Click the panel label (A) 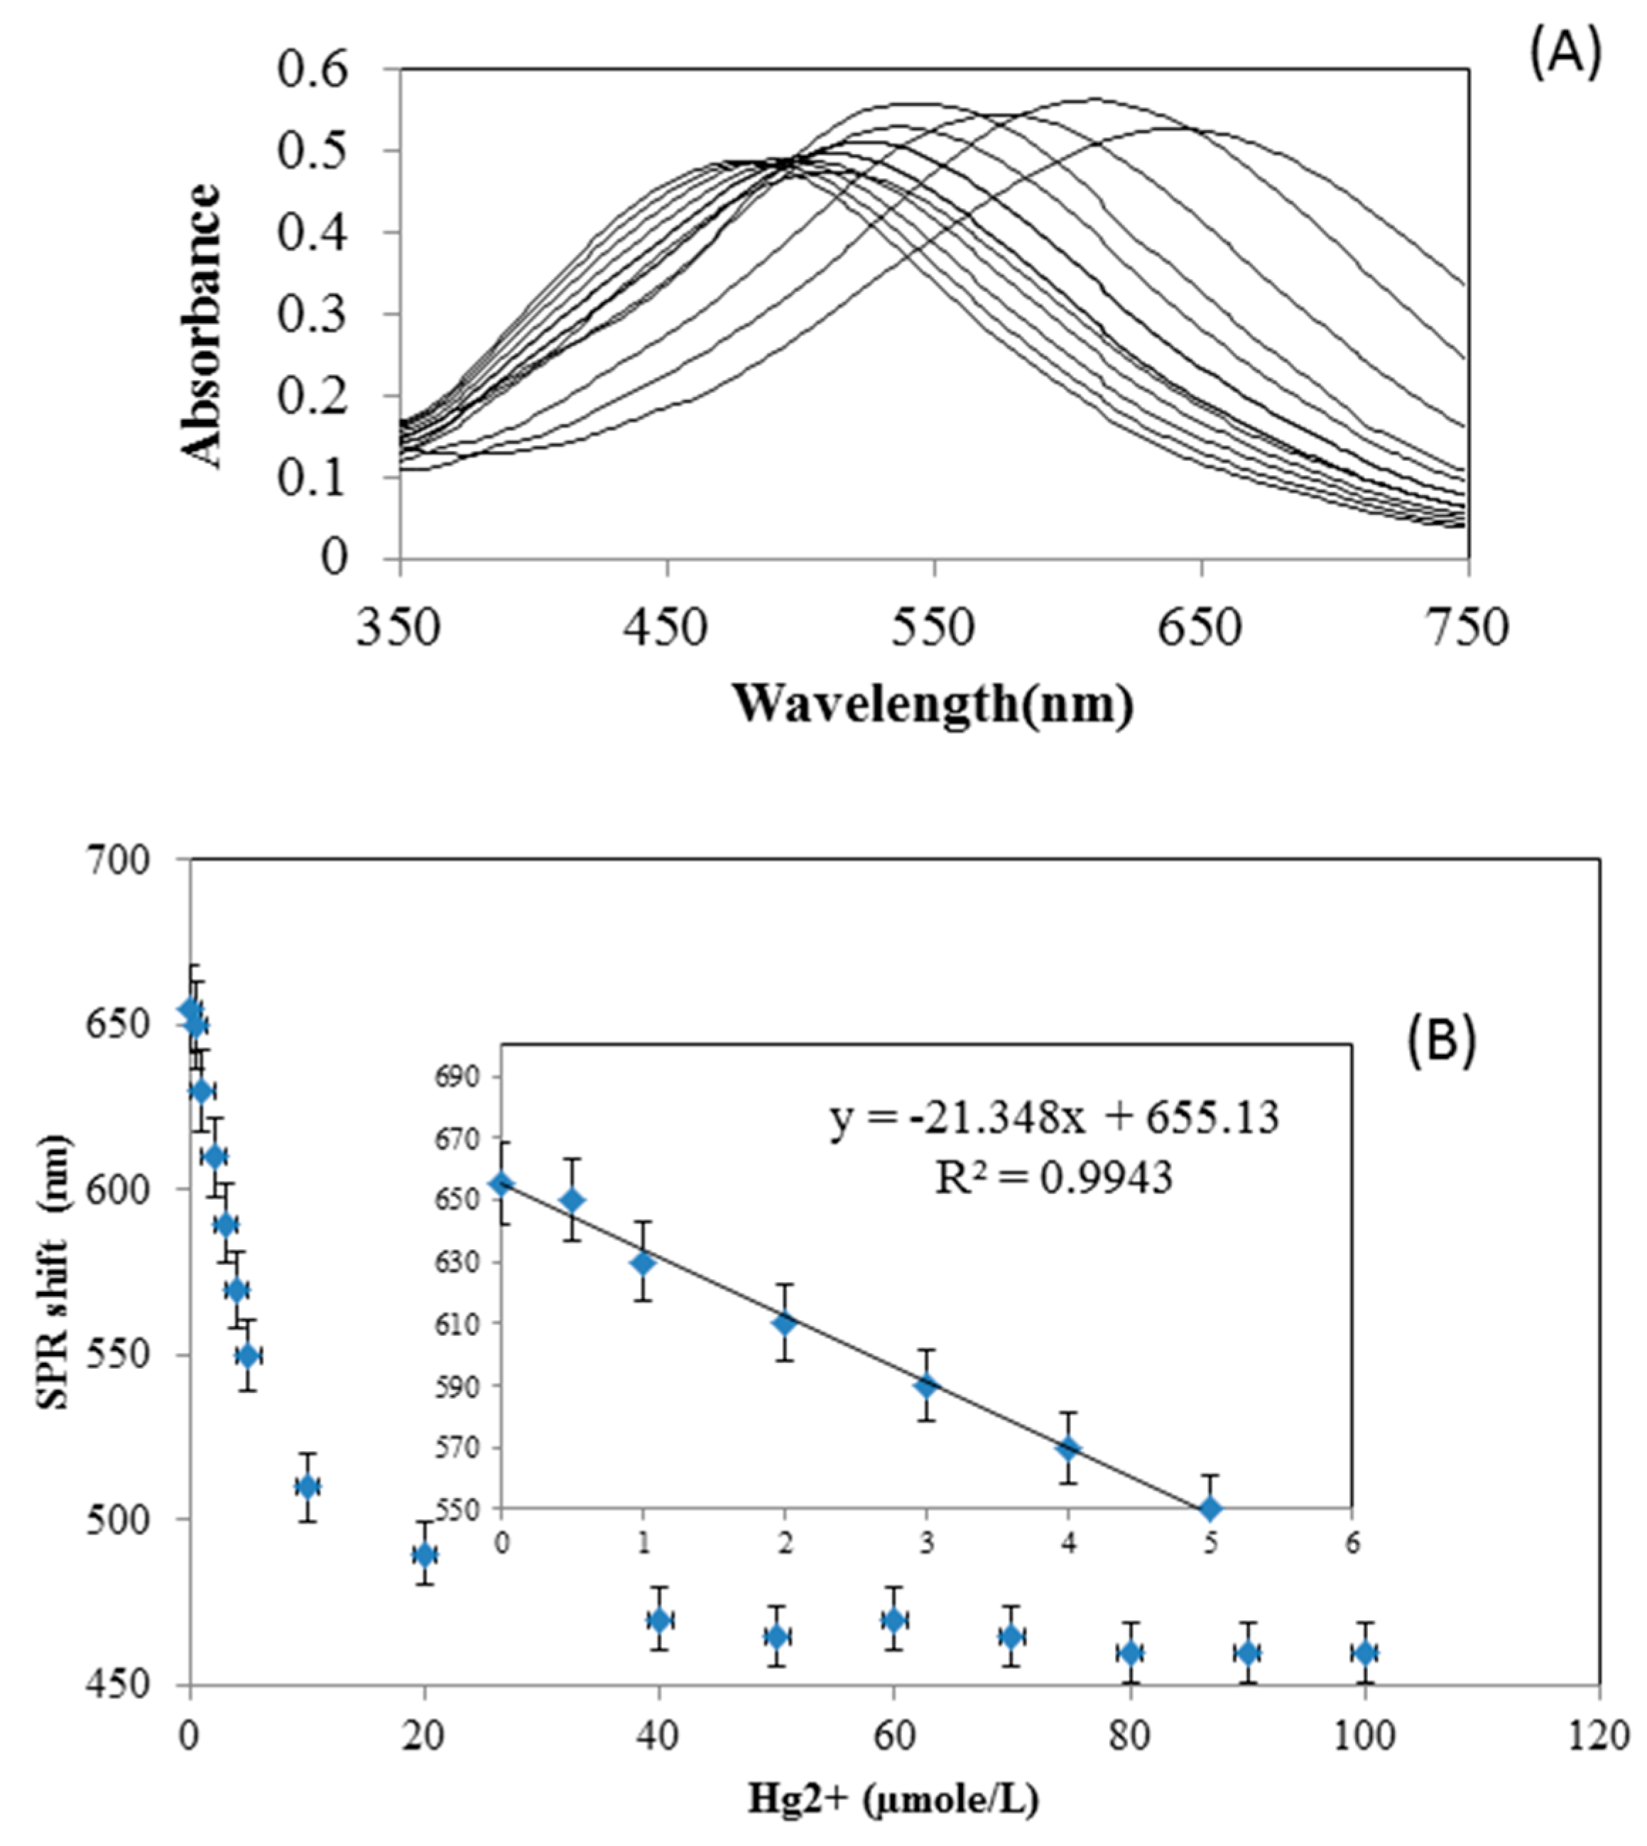[1564, 56]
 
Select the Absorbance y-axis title [202, 326]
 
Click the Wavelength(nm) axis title [932, 703]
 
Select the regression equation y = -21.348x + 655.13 [1054, 1119]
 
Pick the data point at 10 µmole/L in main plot [308, 1486]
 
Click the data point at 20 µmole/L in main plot [425, 1555]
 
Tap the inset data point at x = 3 [925, 1386]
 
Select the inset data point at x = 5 [1210, 1508]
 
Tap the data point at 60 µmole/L [894, 1619]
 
